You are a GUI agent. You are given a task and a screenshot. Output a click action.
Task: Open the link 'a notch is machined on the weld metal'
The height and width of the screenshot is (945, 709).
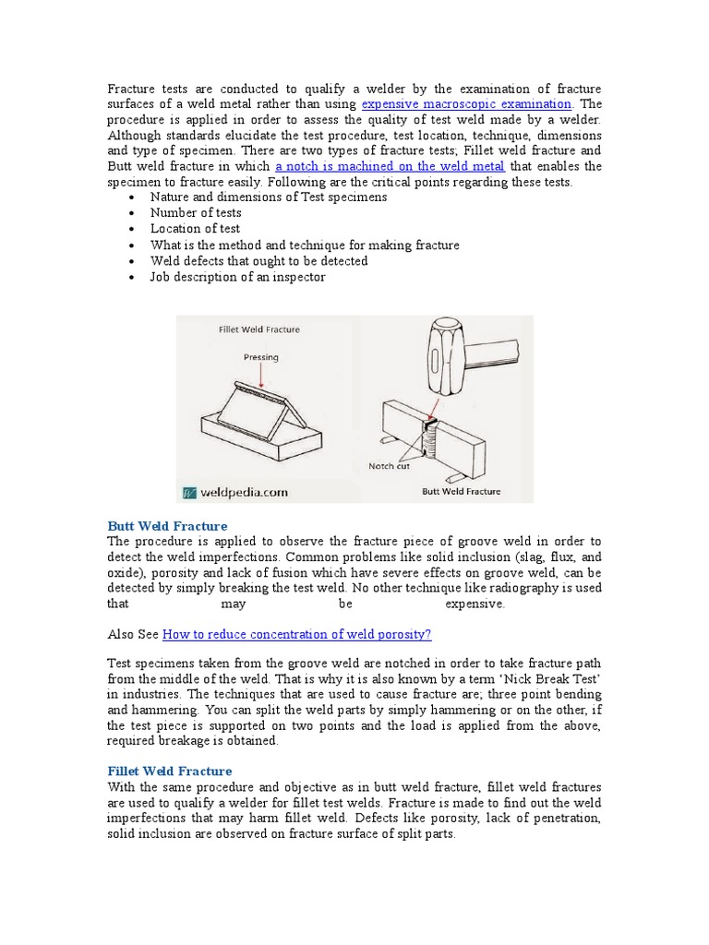click(390, 166)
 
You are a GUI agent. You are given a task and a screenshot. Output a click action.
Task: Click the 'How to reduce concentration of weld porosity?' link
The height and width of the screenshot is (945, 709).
click(296, 634)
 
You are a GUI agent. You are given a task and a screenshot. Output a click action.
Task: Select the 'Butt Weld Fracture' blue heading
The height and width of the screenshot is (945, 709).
click(167, 526)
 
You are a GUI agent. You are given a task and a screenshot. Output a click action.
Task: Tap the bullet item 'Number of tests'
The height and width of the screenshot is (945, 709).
click(196, 213)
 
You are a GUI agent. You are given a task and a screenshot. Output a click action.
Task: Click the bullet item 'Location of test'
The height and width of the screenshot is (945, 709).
click(195, 229)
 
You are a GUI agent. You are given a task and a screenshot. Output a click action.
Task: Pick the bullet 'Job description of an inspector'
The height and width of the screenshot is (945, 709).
click(237, 277)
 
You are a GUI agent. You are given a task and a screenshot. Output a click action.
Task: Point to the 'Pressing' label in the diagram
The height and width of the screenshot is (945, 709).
click(261, 357)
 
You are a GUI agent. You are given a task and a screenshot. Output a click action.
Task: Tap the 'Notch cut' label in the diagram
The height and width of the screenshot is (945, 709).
click(389, 466)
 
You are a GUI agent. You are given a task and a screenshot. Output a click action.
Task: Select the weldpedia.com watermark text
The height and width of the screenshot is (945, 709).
click(237, 492)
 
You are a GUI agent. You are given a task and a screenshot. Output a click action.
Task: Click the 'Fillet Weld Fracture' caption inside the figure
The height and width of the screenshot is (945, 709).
click(258, 329)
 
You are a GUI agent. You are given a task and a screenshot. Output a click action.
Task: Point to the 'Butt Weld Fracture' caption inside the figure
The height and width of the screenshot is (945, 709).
click(462, 492)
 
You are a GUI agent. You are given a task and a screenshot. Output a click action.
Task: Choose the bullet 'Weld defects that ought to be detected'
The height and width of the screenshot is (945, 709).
click(258, 261)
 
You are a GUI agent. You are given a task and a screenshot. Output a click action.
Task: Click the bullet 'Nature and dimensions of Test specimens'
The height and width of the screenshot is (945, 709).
click(269, 197)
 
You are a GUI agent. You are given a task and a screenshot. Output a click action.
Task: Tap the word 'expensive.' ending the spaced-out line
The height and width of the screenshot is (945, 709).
click(475, 604)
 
